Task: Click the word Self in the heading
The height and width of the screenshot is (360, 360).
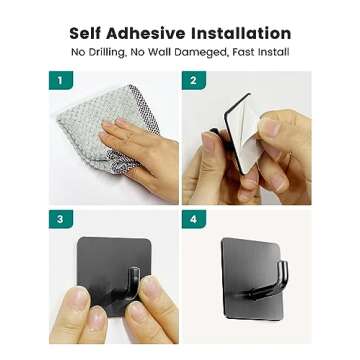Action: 88,34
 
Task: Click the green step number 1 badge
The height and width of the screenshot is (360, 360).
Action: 60,81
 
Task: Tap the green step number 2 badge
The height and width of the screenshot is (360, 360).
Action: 193,81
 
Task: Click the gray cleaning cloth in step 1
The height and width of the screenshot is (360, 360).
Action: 85,140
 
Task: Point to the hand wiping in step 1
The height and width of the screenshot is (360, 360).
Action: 140,150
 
